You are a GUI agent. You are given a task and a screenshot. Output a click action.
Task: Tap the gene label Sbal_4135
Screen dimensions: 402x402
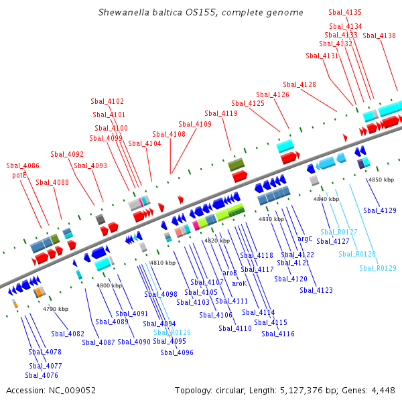(345, 13)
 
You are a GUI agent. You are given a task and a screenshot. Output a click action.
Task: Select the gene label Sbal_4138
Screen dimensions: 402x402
(379, 36)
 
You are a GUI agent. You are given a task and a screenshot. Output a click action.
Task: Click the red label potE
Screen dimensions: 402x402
(19, 175)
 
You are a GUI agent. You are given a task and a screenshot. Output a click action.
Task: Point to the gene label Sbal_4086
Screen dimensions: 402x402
(23, 165)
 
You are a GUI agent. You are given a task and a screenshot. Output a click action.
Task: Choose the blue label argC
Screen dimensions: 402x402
(305, 238)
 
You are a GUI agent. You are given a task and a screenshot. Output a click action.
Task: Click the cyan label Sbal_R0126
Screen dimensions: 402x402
(172, 332)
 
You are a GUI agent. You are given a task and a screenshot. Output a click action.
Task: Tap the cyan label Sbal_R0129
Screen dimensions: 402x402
(377, 268)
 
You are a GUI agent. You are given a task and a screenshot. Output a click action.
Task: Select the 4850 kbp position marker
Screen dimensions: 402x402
(381, 180)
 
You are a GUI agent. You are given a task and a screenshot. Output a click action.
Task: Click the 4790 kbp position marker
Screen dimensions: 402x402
(56, 309)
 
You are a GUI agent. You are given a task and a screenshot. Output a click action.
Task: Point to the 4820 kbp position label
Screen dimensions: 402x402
(217, 240)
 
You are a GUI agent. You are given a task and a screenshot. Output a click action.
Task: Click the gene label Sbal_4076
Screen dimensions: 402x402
(42, 375)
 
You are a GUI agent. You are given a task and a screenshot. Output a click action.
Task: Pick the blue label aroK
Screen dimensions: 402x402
(239, 283)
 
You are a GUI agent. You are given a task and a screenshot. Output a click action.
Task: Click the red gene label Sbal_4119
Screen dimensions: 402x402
(221, 113)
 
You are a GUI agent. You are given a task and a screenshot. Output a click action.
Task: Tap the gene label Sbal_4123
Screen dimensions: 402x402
(316, 290)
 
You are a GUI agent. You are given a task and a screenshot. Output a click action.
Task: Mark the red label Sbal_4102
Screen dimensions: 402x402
(107, 101)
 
